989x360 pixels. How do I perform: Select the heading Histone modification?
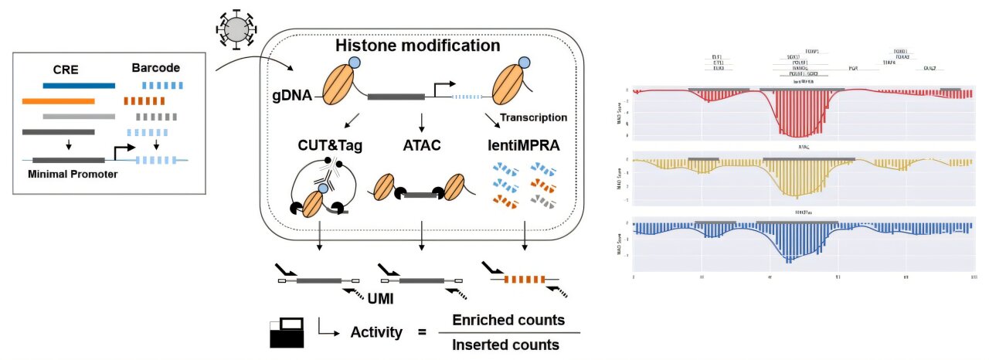[x=417, y=46]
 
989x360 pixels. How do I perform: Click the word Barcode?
[x=155, y=68]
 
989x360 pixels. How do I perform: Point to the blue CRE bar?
[x=79, y=85]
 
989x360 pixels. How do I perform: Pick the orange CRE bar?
[x=59, y=100]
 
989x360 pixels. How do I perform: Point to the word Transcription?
[x=534, y=118]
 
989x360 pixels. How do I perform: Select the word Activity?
[x=376, y=333]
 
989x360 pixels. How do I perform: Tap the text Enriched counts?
[x=508, y=320]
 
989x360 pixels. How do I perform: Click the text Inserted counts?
[x=506, y=345]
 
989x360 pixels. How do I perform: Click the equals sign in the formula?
[x=422, y=333]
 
